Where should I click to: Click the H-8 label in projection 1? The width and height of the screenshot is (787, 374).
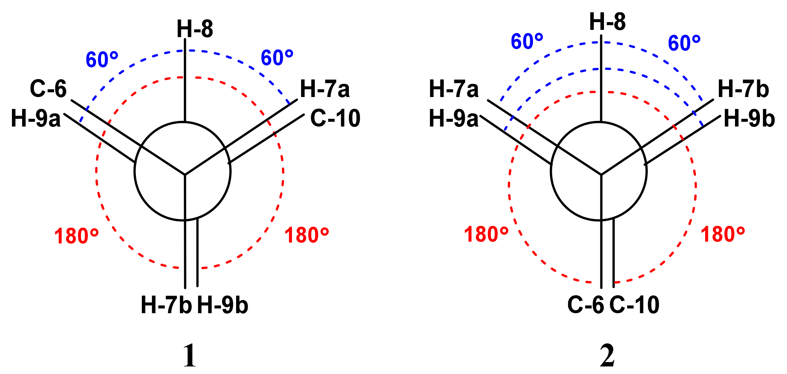tap(195, 29)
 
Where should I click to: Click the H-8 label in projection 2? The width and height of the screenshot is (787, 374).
tap(607, 22)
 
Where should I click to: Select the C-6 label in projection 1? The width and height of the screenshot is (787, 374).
tap(48, 89)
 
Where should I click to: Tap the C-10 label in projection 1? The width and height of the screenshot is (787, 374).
tap(335, 118)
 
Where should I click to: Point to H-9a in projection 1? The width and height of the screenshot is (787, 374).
tap(36, 118)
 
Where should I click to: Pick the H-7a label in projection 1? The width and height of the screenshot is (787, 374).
tap(325, 89)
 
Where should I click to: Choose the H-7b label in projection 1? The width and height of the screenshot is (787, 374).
tap(166, 305)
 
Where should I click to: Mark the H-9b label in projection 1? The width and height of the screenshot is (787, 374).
tap(223, 305)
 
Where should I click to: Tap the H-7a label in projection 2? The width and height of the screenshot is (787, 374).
tap(454, 89)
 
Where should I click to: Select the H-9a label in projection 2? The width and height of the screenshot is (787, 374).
tap(454, 118)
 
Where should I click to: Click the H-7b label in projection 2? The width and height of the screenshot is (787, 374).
tap(743, 89)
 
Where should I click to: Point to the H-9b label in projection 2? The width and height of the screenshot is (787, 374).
tap(749, 118)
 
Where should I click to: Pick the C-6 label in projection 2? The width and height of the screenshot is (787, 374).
tap(586, 305)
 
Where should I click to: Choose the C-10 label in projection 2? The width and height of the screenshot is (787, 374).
tap(635, 305)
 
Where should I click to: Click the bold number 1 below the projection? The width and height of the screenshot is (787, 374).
tap(190, 356)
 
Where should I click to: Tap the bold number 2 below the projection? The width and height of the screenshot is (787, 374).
tap(607, 356)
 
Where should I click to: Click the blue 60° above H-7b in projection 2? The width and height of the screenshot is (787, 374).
tap(684, 43)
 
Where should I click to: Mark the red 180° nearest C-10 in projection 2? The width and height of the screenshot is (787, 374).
tap(723, 234)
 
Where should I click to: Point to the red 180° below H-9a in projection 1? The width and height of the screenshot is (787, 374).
tap(76, 236)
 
